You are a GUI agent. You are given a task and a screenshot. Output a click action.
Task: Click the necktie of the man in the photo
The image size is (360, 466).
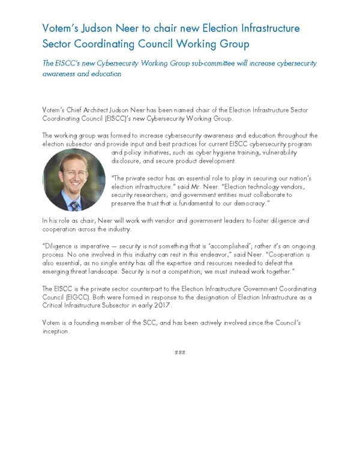tap(74, 205)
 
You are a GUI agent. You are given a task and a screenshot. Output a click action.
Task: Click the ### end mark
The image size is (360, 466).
tap(179, 352)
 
